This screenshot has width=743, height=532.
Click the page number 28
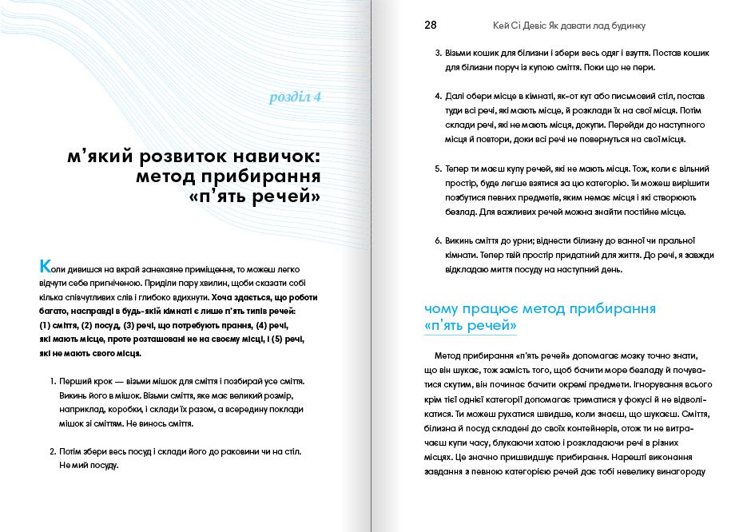[x=430, y=25]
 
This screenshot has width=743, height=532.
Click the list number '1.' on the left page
[x=54, y=381]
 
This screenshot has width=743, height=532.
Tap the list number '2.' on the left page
[x=54, y=451]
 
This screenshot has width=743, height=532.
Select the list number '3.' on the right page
[x=438, y=54]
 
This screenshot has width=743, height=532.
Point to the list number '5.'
[x=438, y=169]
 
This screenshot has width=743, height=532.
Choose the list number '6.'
[x=438, y=240]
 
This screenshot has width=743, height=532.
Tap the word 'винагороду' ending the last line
[x=680, y=470]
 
